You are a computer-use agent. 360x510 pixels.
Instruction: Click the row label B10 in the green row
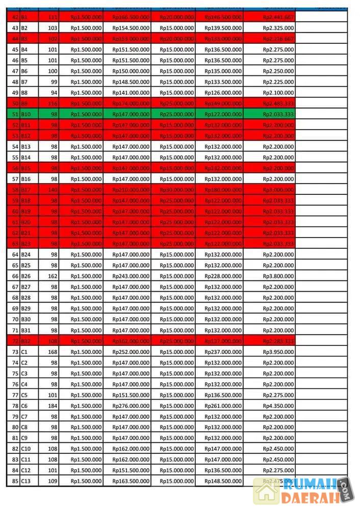[27, 114]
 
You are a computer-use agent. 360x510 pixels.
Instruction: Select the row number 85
[15, 481]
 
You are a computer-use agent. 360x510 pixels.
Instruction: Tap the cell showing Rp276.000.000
[131, 406]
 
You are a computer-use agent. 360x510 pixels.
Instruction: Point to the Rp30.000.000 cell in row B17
[176, 190]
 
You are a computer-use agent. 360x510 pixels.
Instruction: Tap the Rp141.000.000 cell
[131, 93]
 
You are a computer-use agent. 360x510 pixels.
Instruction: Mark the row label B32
[26, 341]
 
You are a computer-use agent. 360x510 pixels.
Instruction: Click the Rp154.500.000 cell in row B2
[131, 28]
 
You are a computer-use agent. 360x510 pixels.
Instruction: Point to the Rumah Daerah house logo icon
[267, 491]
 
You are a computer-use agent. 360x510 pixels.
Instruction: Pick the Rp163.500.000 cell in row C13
[131, 481]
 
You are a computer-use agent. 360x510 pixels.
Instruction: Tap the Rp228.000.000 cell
[223, 276]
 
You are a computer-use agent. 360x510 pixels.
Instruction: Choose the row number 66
[15, 276]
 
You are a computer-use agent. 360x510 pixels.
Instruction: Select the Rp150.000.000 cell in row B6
[131, 71]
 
